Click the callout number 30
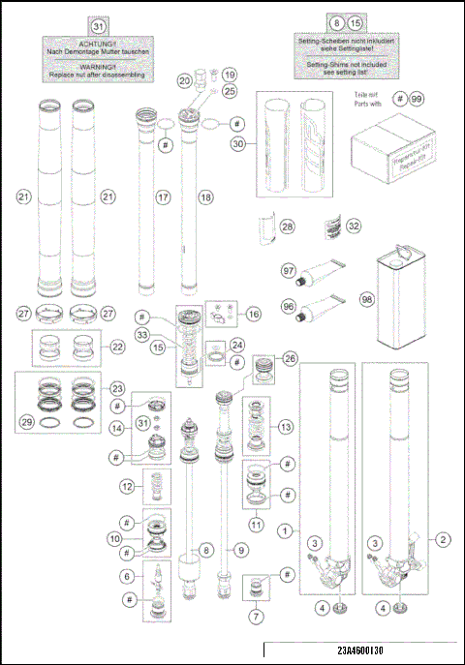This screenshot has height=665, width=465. tap(236, 142)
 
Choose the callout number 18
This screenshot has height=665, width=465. tap(204, 196)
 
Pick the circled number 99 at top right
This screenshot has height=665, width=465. tap(417, 99)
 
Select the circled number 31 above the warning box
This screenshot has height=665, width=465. tap(99, 24)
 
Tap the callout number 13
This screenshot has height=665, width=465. tap(284, 427)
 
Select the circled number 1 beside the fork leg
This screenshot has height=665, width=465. tap(284, 530)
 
